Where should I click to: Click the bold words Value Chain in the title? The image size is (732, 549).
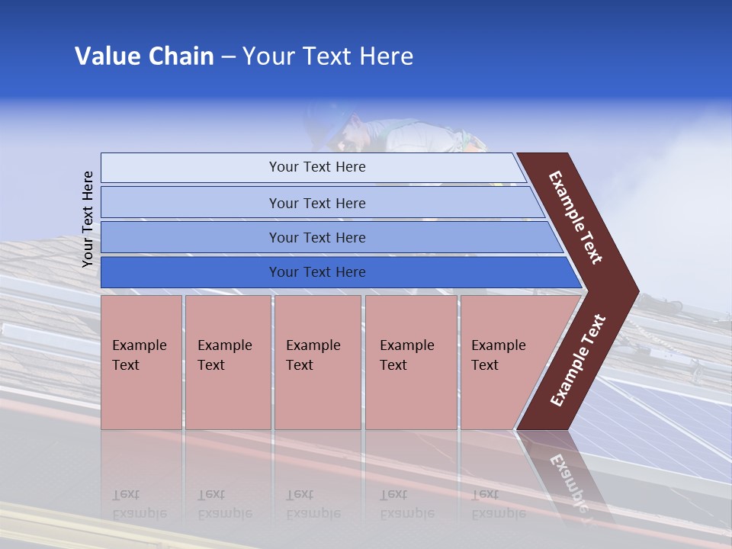(x=144, y=56)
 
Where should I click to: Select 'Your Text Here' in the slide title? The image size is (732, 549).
(x=328, y=56)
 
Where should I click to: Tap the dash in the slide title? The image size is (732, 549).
(x=228, y=57)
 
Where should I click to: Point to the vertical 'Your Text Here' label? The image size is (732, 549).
(x=88, y=219)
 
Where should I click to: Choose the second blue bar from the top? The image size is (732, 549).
(x=316, y=203)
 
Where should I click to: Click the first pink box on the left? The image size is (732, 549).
(x=141, y=361)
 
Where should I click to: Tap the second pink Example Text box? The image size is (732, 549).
(x=227, y=361)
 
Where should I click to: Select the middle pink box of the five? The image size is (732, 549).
(x=317, y=361)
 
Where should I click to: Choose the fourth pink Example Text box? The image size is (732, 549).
(x=410, y=361)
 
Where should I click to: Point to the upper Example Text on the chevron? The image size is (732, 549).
(x=576, y=217)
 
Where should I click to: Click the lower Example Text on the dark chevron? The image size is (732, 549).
(x=578, y=360)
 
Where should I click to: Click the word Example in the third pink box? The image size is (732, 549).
(x=313, y=345)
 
